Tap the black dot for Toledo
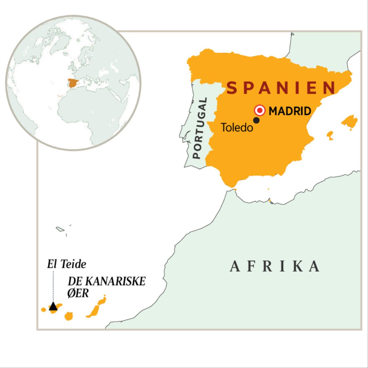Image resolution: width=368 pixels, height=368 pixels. click(256, 121)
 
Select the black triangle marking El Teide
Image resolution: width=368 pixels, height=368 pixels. click(53, 306)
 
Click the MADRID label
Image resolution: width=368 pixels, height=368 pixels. click(290, 111)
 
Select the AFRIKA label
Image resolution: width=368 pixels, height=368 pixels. click(275, 266)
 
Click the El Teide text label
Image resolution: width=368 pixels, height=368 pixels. click(67, 264)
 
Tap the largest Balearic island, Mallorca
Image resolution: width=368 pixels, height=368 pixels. click(349, 121)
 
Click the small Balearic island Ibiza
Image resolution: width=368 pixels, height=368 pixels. click(330, 135)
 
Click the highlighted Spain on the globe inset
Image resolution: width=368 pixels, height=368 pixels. click(73, 83)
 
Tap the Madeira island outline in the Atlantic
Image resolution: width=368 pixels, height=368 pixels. click(59, 229)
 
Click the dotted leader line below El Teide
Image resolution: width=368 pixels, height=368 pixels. click(53, 285)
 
